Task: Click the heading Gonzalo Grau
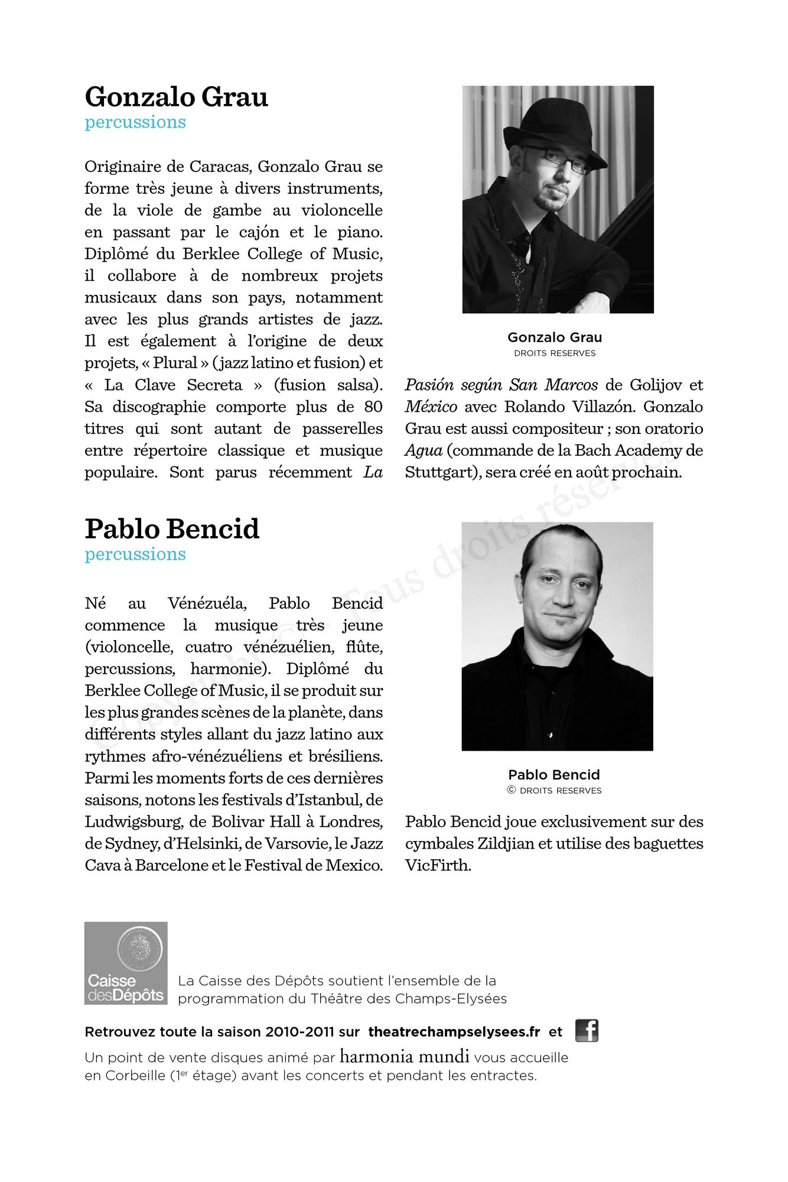coord(176,98)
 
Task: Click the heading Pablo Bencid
coord(172,530)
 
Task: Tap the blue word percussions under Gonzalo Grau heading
coord(135,122)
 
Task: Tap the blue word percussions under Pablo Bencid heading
coord(135,554)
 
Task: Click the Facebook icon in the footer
coord(587,1031)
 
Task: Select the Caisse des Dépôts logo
coord(126,963)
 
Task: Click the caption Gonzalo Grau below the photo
coord(555,337)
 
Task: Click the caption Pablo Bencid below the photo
coord(554,775)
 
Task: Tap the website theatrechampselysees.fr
coord(454,1032)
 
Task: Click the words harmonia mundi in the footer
coord(405,1056)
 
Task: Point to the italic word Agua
coord(424,451)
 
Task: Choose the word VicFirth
coord(438,866)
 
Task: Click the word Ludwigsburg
coord(133,822)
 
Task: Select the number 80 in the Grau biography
coord(373,407)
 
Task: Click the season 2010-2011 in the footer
coord(300,1032)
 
